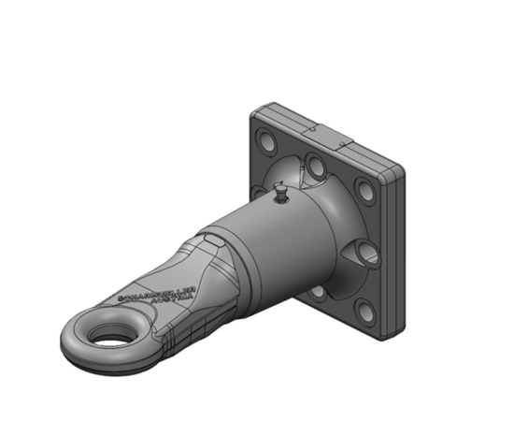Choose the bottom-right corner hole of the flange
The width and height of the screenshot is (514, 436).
[x=367, y=308]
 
